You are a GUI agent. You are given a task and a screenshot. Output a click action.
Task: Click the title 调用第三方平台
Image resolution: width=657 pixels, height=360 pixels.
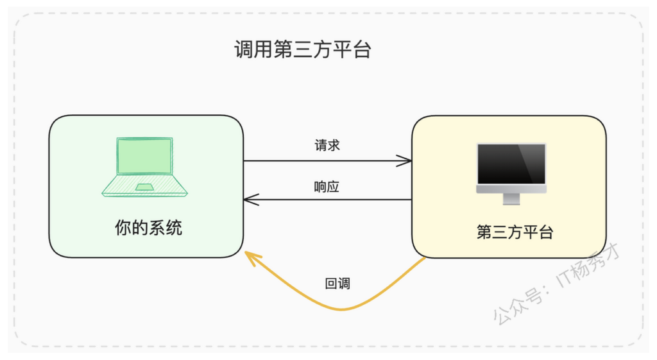303,49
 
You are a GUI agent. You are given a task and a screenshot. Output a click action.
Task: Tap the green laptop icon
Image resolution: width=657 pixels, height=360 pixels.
144,167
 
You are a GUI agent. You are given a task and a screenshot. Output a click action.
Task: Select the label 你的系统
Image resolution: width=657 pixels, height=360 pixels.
148,228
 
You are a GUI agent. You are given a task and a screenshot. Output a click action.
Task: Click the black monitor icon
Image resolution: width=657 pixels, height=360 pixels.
511,173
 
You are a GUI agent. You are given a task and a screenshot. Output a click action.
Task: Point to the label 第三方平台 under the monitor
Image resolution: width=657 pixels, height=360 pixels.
515,232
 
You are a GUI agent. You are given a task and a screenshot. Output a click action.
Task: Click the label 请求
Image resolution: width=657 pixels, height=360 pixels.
327,146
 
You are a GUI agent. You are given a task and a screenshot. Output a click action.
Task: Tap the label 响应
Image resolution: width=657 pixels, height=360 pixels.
327,187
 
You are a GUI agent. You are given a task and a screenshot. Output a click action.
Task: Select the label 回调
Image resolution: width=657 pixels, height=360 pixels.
337,284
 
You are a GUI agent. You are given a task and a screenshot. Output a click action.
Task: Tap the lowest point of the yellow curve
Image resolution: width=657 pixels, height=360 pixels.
341,310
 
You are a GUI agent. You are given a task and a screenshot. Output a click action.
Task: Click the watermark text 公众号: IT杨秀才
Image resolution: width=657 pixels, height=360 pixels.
556,284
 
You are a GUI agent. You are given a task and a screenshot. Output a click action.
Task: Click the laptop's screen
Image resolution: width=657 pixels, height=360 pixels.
144,156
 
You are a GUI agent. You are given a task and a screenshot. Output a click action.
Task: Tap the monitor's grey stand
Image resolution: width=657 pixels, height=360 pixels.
511,199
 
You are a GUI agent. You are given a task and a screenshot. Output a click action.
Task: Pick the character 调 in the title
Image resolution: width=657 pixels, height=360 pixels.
243,49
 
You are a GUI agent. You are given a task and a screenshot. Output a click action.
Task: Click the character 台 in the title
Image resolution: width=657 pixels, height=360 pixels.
362,49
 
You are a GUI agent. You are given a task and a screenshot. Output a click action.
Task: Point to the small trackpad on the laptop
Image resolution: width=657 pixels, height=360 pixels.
144,187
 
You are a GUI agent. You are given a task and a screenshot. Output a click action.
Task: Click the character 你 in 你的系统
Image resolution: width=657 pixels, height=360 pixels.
123,228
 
